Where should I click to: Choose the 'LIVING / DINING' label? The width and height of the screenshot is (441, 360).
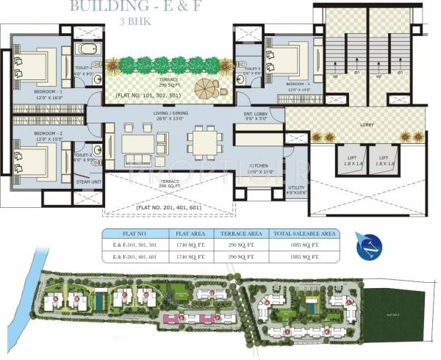click(x=171, y=115)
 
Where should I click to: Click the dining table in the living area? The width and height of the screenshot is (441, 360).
click(x=201, y=139)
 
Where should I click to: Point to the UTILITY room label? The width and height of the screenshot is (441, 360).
click(x=298, y=188)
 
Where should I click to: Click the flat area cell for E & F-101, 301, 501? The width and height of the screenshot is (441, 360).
click(x=193, y=245)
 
